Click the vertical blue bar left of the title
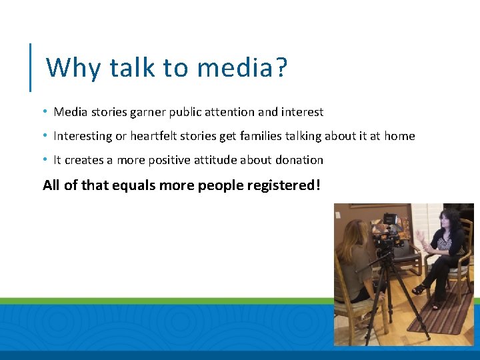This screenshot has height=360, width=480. (x=30, y=67)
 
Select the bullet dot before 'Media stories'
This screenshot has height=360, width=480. (x=44, y=111)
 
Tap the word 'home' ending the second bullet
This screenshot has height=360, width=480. (x=399, y=136)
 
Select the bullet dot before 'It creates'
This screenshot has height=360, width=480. (x=44, y=159)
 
